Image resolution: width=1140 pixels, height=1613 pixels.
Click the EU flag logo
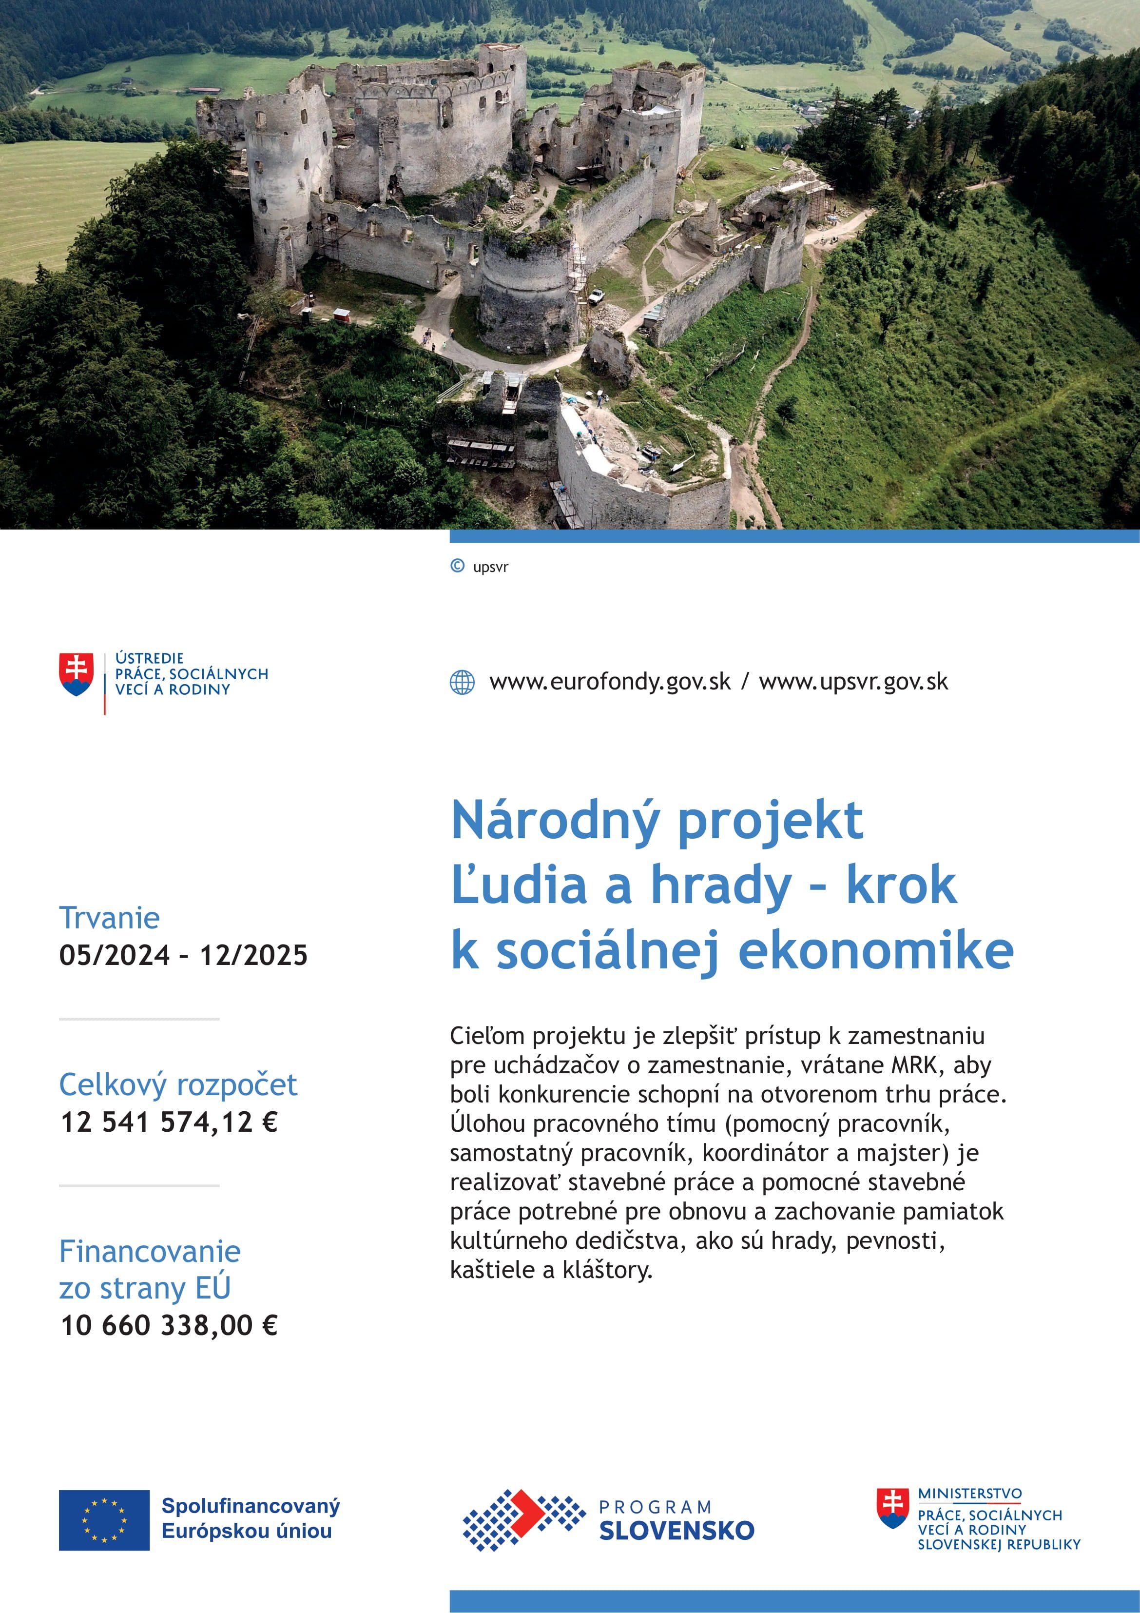(x=104, y=1519)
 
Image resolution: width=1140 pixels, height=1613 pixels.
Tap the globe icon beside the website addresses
(x=462, y=682)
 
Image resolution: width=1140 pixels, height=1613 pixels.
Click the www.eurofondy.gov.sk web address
(x=610, y=682)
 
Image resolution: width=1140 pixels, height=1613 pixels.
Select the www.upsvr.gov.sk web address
(x=853, y=682)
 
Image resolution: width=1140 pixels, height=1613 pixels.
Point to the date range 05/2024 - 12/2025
(x=183, y=955)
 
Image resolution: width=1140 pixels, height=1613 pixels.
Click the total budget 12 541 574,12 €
(x=169, y=1122)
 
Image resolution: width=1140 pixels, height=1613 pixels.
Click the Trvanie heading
(x=110, y=918)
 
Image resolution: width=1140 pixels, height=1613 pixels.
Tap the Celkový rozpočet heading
(x=178, y=1085)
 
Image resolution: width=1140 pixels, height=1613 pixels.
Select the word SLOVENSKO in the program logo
(x=676, y=1530)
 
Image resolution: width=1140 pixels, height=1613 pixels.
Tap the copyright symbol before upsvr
(x=457, y=566)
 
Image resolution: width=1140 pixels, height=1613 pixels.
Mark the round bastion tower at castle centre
(x=527, y=295)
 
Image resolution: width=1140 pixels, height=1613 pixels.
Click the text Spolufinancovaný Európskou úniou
(x=250, y=1519)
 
